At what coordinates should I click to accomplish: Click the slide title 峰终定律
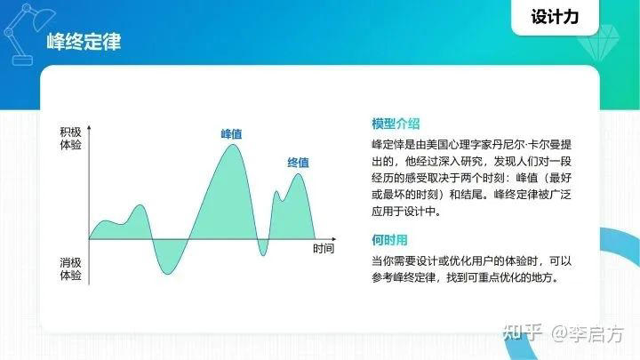point(84,42)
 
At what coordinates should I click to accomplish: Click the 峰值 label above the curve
point(232,133)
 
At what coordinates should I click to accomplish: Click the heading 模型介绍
point(396,123)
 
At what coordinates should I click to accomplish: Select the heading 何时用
point(389,240)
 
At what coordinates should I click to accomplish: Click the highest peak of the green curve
point(232,145)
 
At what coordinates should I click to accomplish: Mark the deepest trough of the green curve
point(166,272)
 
